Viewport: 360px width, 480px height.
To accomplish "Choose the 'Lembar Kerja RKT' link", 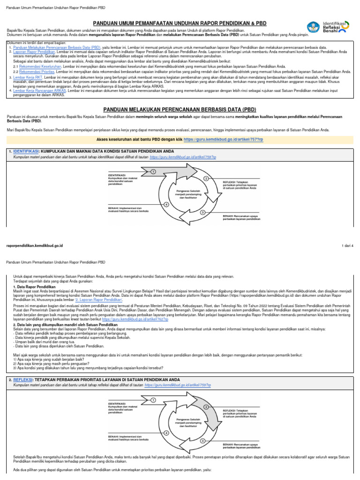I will (x=28, y=76).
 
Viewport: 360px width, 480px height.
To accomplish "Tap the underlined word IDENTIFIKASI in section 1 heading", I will (x=26, y=151).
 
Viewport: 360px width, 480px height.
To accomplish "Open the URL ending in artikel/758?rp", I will (x=183, y=157).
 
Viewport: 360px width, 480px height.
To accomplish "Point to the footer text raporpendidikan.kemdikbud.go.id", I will (x=34, y=245).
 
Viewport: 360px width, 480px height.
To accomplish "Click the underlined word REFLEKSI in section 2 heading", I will (x=23, y=379).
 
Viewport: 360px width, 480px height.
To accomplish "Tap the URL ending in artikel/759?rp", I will (x=178, y=385).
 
